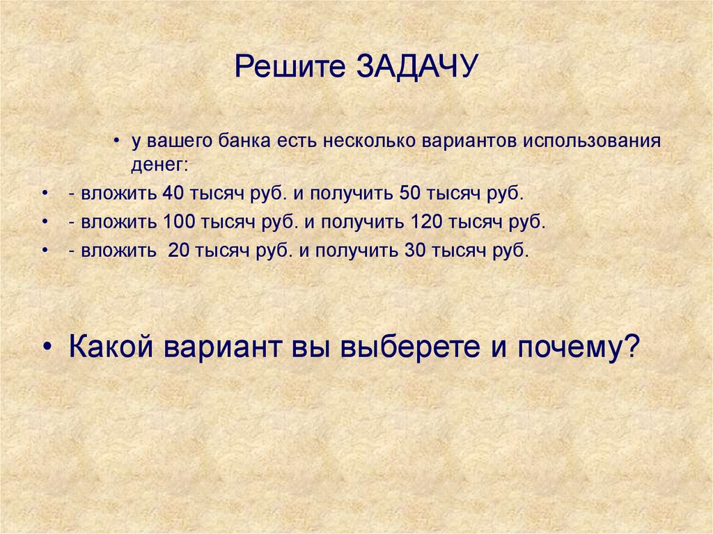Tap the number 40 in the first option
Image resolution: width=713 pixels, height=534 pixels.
click(171, 193)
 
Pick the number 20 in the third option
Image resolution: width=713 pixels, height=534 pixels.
click(179, 251)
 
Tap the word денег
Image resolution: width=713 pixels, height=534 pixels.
click(158, 166)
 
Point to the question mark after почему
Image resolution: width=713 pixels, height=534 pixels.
click(630, 346)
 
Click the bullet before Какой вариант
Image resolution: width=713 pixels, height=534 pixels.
click(48, 347)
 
